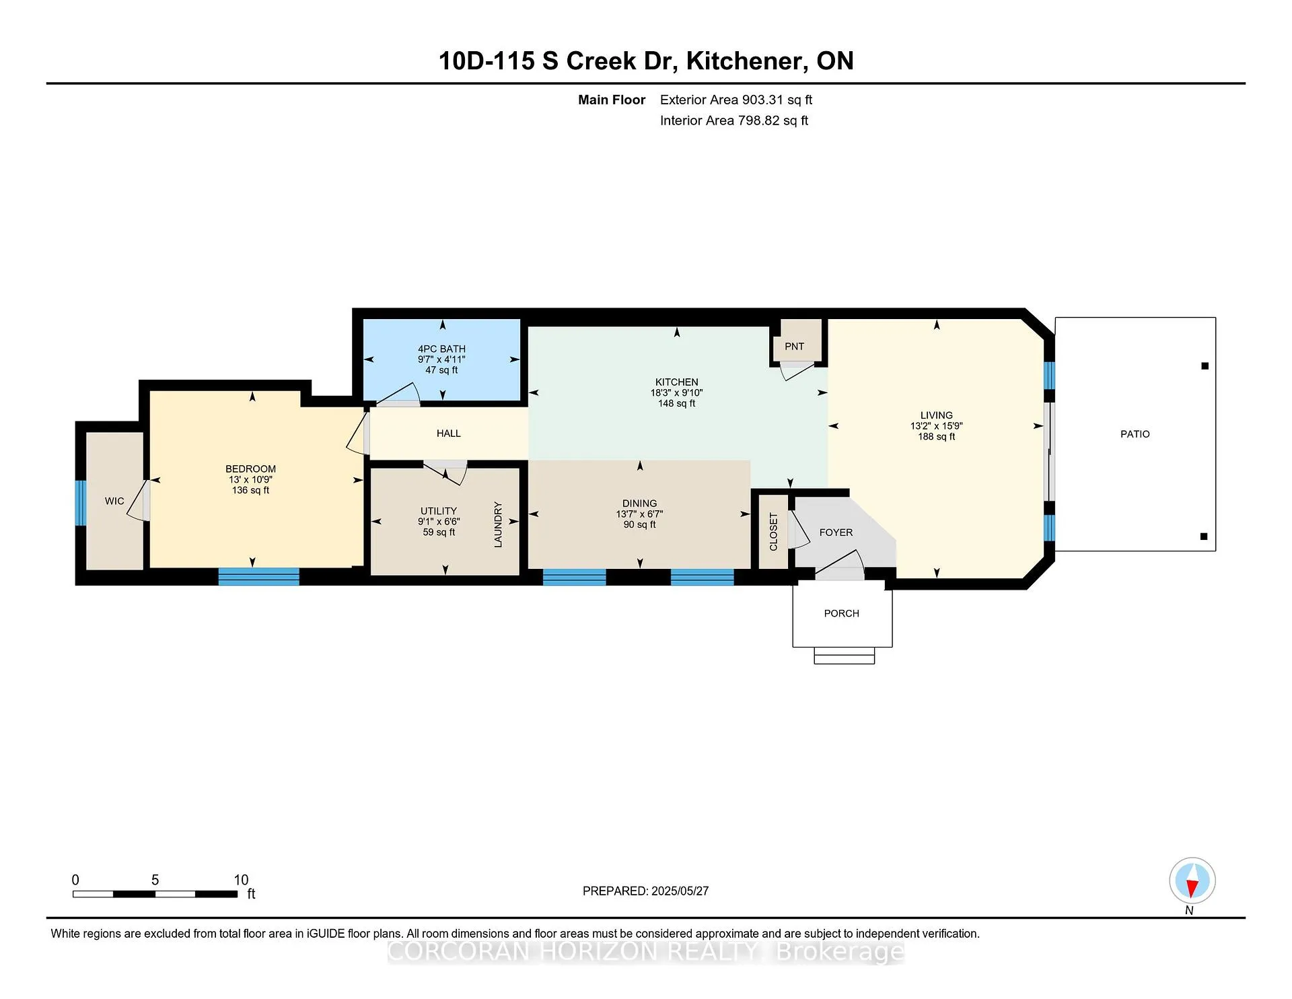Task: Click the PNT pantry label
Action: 794,346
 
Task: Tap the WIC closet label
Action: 114,501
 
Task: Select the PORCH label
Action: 841,613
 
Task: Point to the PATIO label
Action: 1135,434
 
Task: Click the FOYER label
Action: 836,532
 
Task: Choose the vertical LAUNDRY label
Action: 498,524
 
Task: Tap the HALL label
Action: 448,434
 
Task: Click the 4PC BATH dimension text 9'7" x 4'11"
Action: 441,359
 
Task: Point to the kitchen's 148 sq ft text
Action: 676,403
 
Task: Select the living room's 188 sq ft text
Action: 936,437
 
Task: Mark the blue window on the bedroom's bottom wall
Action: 258,576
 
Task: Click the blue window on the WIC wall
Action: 81,503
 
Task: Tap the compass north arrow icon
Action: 1192,881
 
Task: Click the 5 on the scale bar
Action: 155,880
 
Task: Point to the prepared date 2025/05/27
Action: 680,891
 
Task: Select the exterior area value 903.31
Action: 762,100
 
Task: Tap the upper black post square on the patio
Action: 1205,366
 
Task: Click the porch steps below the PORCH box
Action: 844,656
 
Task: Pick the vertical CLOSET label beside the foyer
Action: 773,532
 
